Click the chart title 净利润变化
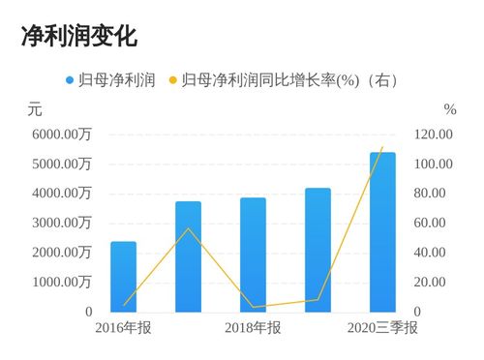click(79, 37)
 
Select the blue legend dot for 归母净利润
click(70, 79)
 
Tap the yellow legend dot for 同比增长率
click(173, 79)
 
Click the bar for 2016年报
click(123, 277)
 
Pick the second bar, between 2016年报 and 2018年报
click(188, 257)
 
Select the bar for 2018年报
click(253, 255)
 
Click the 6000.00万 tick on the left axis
click(62, 135)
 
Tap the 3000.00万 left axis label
click(62, 223)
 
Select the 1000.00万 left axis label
click(62, 283)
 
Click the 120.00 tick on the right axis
click(433, 135)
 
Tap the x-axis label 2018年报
click(253, 329)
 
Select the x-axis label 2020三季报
click(382, 329)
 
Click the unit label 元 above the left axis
click(35, 109)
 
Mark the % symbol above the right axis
click(449, 109)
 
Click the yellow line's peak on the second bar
click(189, 228)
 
